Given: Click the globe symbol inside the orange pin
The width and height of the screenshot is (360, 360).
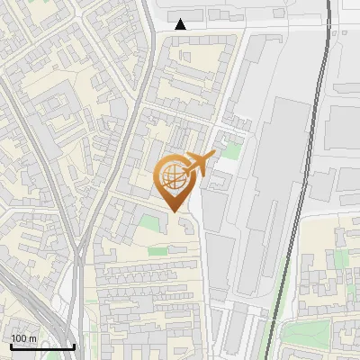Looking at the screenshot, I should click(175, 176).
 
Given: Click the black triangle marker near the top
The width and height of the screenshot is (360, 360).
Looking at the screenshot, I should click(181, 24).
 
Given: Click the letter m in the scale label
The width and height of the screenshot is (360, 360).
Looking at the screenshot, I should click(34, 337).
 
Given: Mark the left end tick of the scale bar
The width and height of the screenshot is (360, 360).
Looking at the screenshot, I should click(11, 346).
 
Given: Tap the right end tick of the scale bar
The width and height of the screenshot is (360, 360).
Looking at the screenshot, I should click(74, 346).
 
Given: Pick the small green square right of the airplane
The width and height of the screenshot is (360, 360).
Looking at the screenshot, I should click(233, 150).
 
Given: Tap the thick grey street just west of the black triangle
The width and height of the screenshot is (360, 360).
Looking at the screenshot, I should click(149, 36).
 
